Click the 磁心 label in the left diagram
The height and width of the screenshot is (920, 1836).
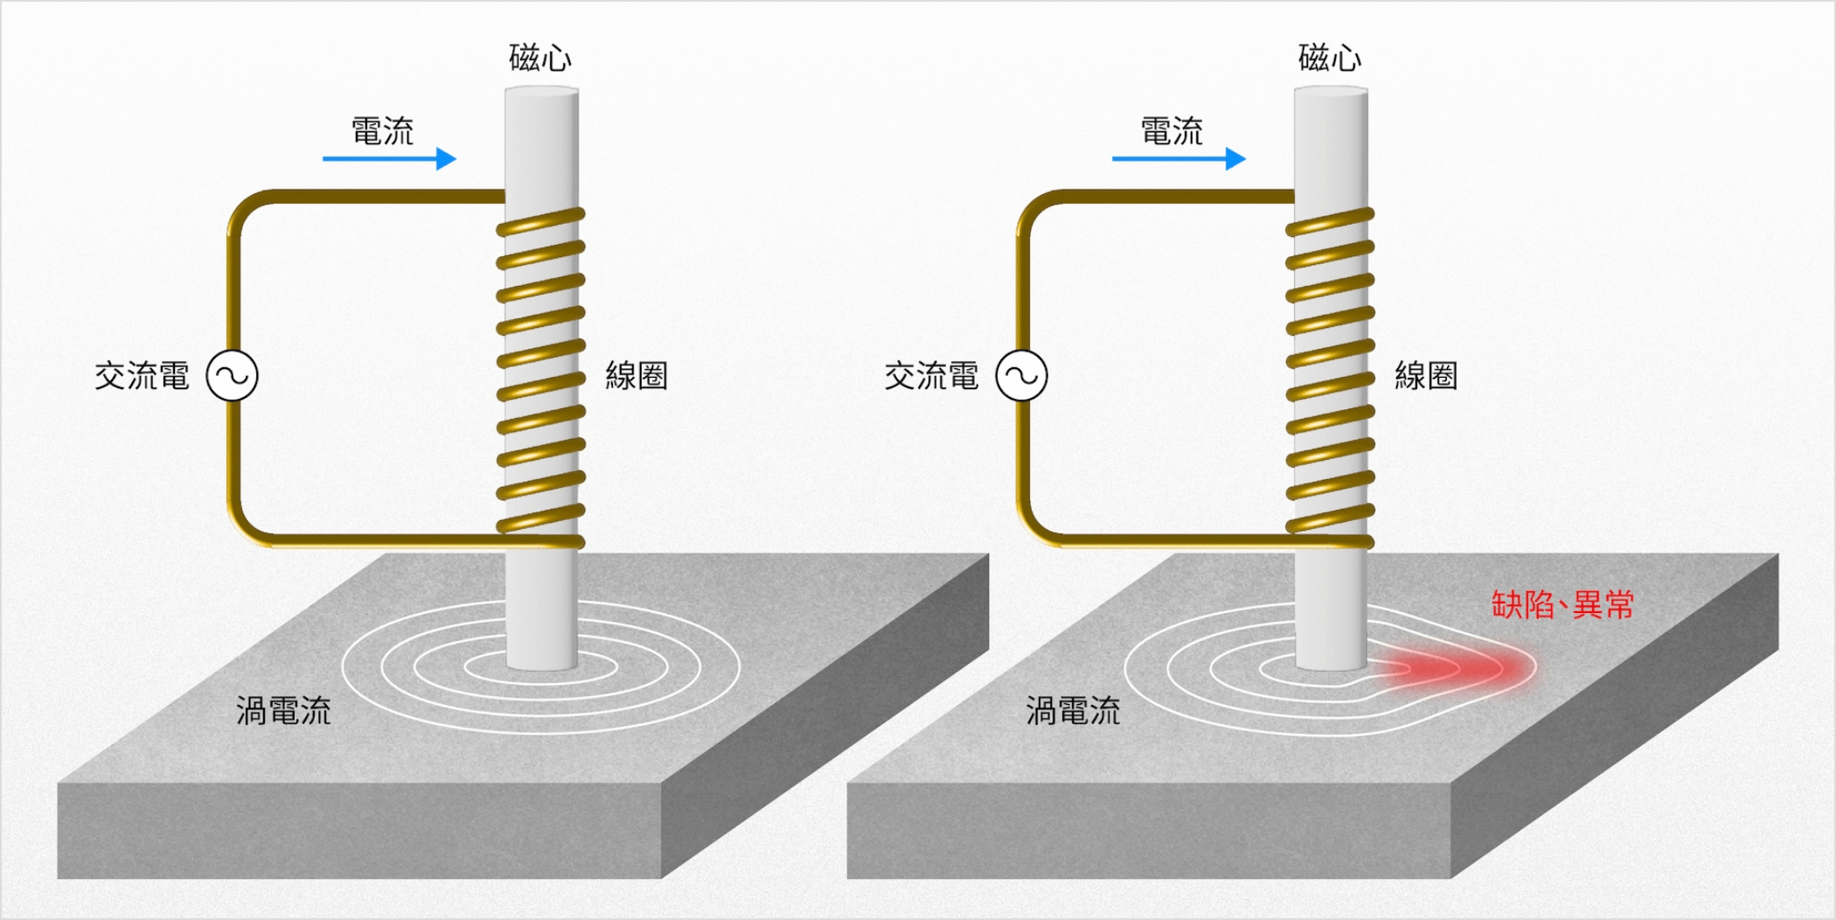coord(540,58)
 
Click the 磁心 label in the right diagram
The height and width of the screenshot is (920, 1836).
coord(1330,58)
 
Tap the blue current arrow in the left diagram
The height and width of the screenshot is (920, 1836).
coord(390,158)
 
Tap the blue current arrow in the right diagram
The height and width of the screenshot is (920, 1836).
coord(1179,158)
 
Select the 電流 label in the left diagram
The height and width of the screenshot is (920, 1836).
coord(382,131)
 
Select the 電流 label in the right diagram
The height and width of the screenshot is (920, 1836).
coord(1172,131)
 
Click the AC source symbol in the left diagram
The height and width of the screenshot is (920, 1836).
coord(233,375)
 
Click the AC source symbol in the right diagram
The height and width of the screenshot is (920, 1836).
coord(1022,375)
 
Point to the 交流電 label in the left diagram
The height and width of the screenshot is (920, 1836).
coord(142,376)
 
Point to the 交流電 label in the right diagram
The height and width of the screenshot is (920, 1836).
coord(931,376)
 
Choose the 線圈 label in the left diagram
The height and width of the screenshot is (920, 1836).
coord(636,376)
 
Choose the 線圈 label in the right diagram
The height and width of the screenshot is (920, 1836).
coord(1426,376)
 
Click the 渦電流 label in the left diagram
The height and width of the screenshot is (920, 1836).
coord(283,711)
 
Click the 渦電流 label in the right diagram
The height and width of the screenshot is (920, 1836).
coord(1073,711)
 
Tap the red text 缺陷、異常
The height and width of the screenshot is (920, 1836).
coord(1562,604)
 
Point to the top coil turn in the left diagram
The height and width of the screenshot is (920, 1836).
coord(540,221)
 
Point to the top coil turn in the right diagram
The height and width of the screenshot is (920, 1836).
coord(1330,221)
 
